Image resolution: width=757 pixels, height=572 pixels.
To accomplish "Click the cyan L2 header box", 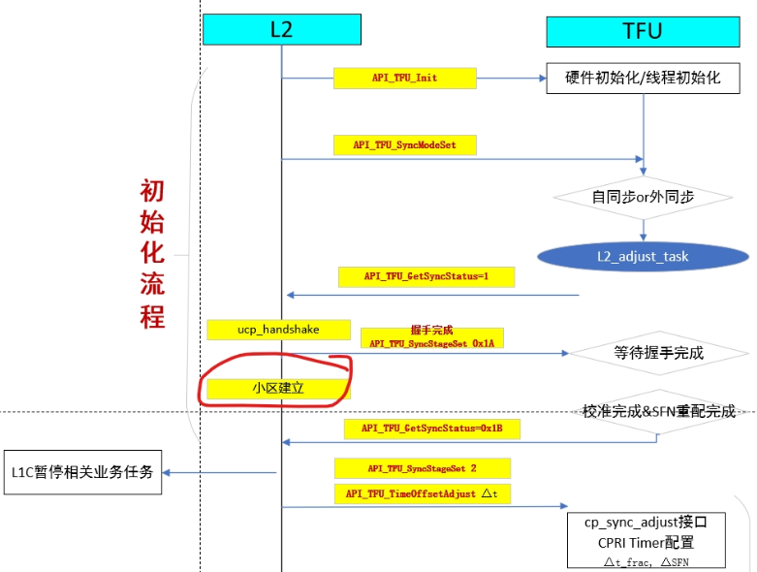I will (x=281, y=30).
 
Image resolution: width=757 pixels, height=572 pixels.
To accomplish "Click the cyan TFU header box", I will (x=642, y=31).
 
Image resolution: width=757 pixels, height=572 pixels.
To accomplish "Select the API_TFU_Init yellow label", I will (x=404, y=78).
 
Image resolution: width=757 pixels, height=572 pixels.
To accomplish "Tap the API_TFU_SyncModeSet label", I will (x=405, y=144).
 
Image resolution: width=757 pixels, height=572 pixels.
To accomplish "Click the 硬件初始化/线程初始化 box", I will (x=643, y=78).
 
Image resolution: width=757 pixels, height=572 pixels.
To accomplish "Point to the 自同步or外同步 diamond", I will (x=643, y=196).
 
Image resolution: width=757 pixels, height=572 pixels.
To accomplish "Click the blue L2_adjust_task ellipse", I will (x=643, y=256).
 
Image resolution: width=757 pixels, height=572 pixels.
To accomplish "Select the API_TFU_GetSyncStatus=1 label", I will (x=426, y=276).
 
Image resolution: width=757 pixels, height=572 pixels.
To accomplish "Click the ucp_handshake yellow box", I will (x=278, y=330).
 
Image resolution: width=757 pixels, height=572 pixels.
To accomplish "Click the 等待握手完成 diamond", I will (x=658, y=353).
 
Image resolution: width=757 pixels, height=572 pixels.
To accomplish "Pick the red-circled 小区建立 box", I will (x=273, y=389).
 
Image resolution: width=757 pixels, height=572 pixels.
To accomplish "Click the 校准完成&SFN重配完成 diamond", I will (x=658, y=411).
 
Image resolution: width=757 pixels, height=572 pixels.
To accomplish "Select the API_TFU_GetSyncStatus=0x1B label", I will (x=431, y=429).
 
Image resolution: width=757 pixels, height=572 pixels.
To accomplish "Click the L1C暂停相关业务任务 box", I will (x=81, y=472).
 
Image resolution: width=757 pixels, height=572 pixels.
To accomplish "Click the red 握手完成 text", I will (x=431, y=331).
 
